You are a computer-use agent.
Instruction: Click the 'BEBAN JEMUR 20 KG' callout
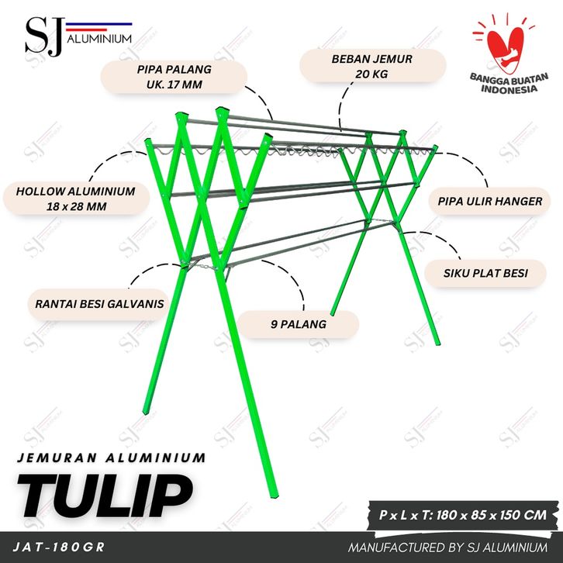373,66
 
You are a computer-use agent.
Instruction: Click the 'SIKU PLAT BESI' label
483,272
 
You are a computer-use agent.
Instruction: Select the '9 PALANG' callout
299,324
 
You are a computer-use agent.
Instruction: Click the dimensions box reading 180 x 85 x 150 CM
463,514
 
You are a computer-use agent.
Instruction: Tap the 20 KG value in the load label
373,74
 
